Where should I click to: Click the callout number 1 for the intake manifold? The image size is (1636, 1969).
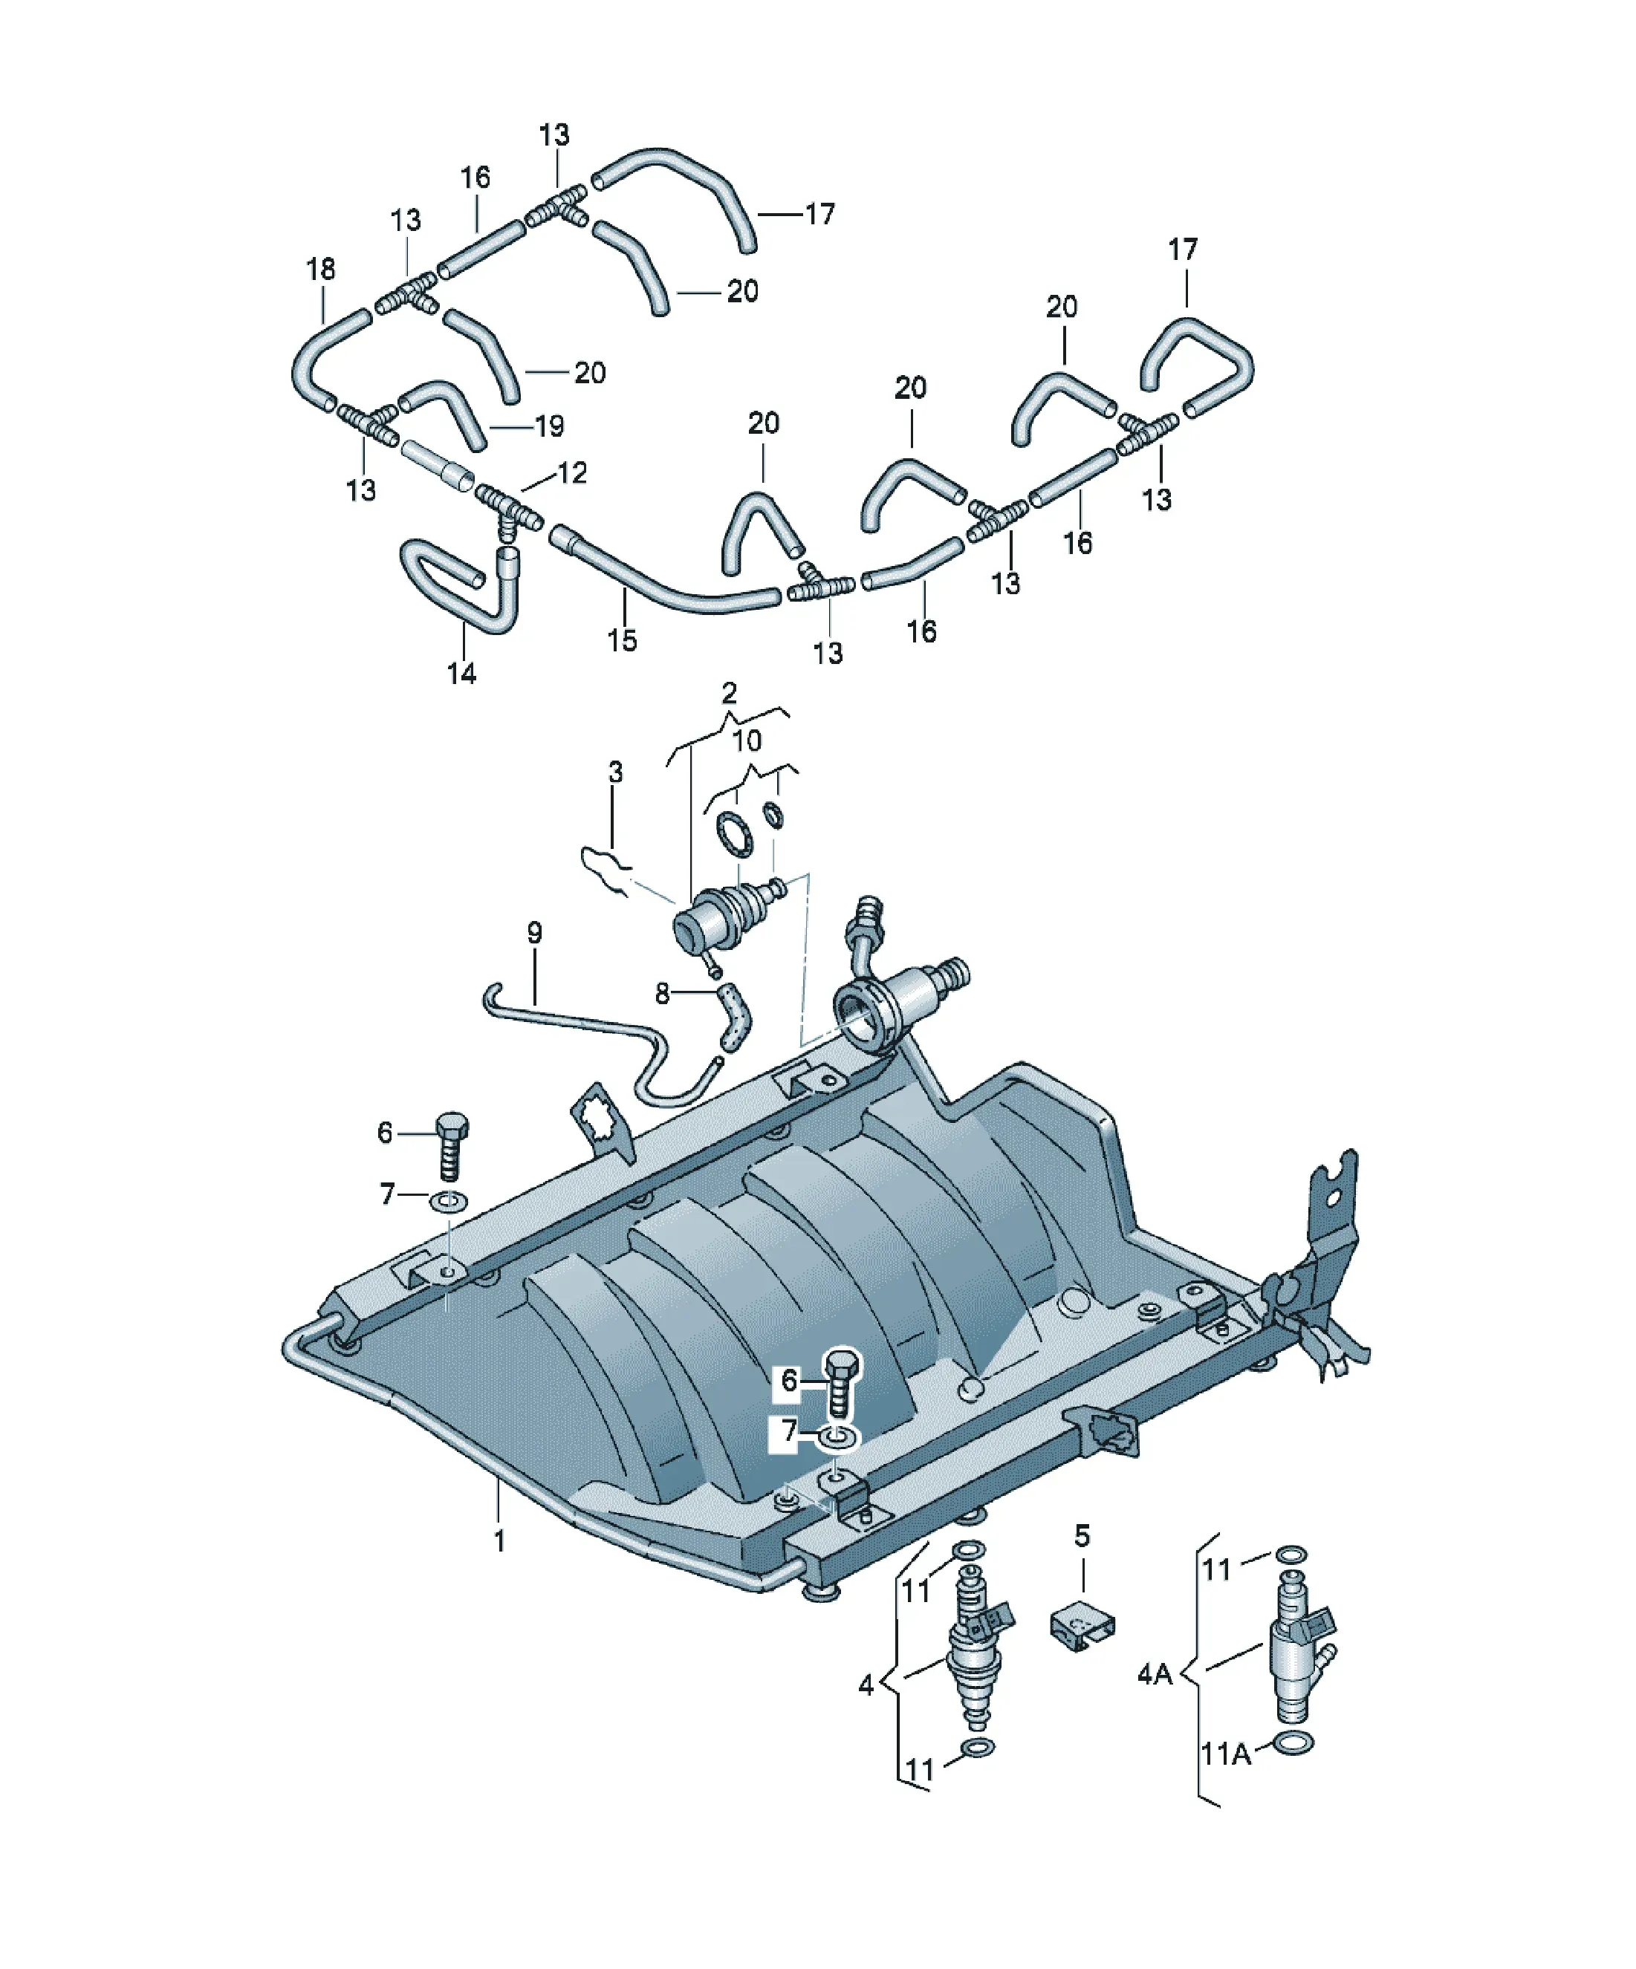click(x=500, y=1540)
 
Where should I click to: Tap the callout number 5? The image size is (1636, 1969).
click(x=1082, y=1536)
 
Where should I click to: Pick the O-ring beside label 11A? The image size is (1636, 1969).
click(x=1294, y=1743)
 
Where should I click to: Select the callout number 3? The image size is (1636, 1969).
click(x=614, y=772)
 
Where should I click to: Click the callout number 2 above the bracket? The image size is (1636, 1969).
click(x=729, y=694)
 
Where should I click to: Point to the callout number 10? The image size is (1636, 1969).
click(x=747, y=741)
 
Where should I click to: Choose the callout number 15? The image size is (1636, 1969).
click(x=622, y=640)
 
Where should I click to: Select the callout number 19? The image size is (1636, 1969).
click(x=550, y=426)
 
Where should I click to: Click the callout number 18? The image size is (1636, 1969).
click(x=321, y=269)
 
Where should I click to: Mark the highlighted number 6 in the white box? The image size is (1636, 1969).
click(x=788, y=1380)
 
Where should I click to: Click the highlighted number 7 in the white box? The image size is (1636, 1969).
click(x=788, y=1432)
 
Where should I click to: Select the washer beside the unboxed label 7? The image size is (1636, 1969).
click(x=449, y=1201)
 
